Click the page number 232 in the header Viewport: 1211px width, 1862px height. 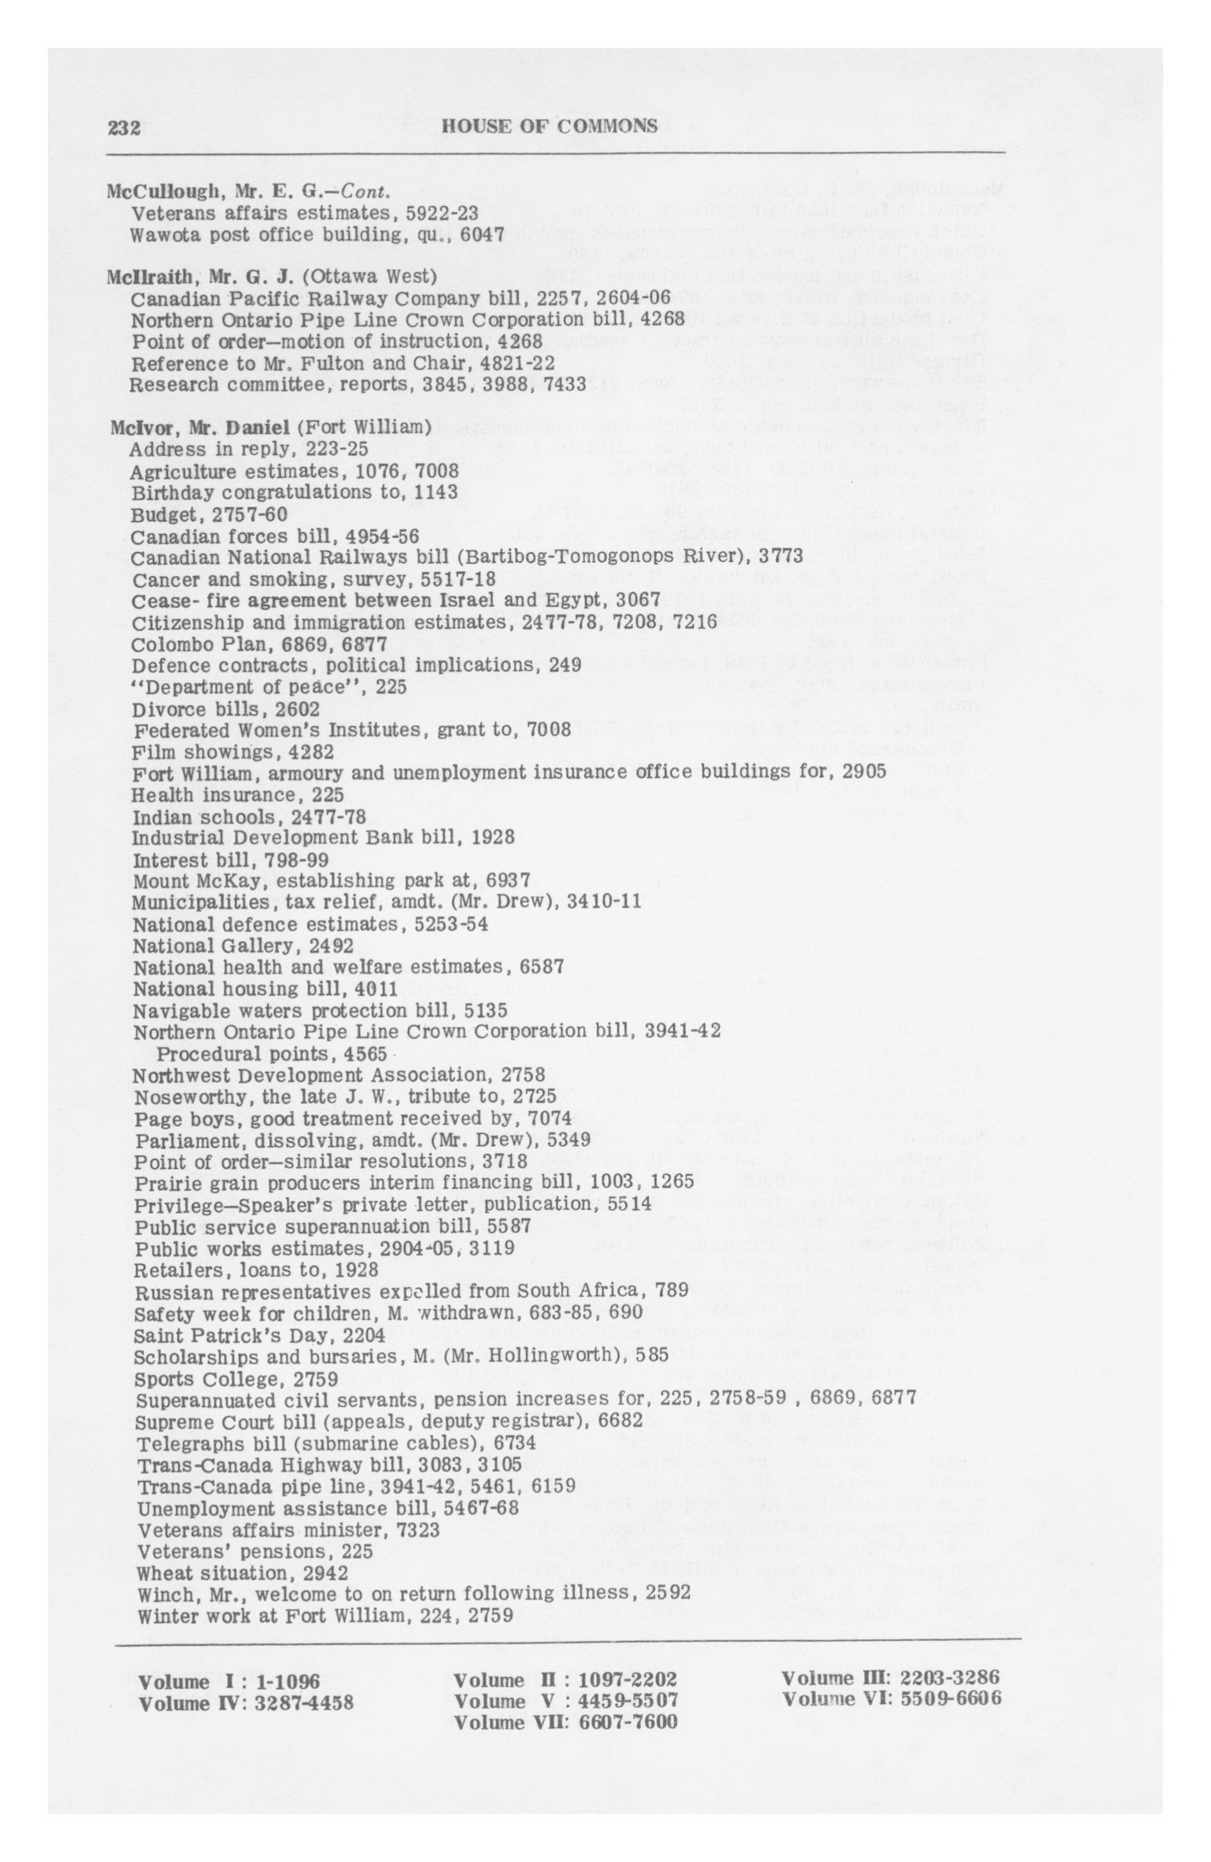tap(124, 127)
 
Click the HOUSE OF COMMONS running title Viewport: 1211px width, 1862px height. tap(549, 126)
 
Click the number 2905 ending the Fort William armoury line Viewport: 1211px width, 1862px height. tap(863, 772)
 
